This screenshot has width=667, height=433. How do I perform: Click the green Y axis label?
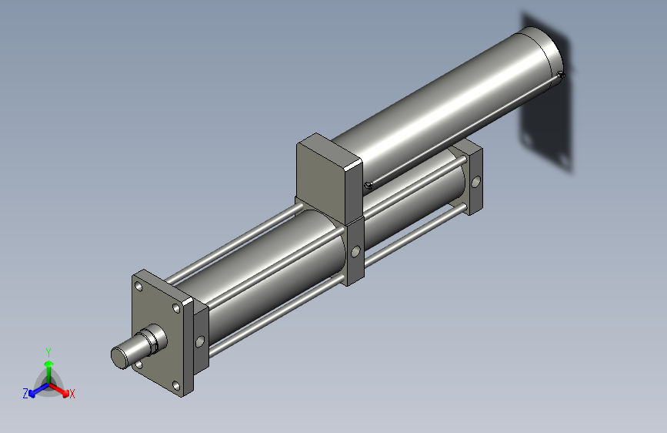[x=48, y=351]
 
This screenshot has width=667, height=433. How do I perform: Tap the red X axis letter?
[x=72, y=394]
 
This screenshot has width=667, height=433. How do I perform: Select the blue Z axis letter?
[x=25, y=394]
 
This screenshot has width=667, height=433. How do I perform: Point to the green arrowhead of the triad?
[x=48, y=362]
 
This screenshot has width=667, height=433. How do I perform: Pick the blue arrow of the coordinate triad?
[x=35, y=389]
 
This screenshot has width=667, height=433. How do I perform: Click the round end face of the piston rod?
[x=121, y=356]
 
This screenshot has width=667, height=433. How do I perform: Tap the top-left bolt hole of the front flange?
[x=139, y=287]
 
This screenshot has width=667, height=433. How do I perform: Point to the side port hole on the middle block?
[x=355, y=251]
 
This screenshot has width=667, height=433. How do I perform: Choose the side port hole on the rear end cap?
[x=477, y=183]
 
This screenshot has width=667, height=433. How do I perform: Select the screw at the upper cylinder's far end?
[x=562, y=76]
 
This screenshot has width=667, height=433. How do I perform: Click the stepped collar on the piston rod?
[x=154, y=339]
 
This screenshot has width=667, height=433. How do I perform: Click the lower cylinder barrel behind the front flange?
[x=269, y=262]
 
